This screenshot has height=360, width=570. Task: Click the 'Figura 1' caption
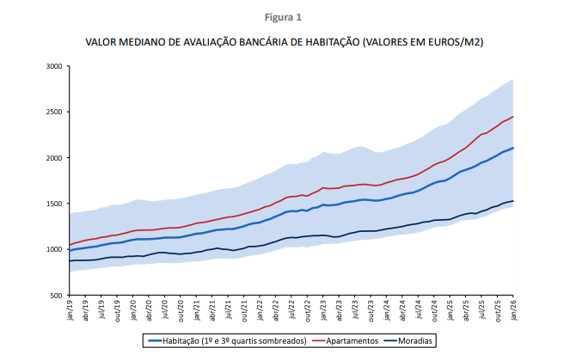pyautogui.click(x=285, y=16)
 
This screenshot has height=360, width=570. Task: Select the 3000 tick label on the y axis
pyautogui.click(x=54, y=66)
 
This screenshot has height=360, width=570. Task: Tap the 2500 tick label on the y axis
pyautogui.click(x=54, y=112)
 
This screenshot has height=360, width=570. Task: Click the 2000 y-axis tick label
pyautogui.click(x=54, y=158)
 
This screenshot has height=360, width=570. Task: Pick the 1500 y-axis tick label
pyautogui.click(x=54, y=204)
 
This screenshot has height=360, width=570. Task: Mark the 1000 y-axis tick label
pyautogui.click(x=54, y=250)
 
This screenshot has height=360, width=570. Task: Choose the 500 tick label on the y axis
pyautogui.click(x=56, y=296)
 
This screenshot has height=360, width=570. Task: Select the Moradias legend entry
pyautogui.click(x=414, y=341)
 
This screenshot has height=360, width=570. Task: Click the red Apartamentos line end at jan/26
pyautogui.click(x=513, y=117)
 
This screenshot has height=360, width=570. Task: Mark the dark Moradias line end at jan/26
pyautogui.click(x=513, y=201)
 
